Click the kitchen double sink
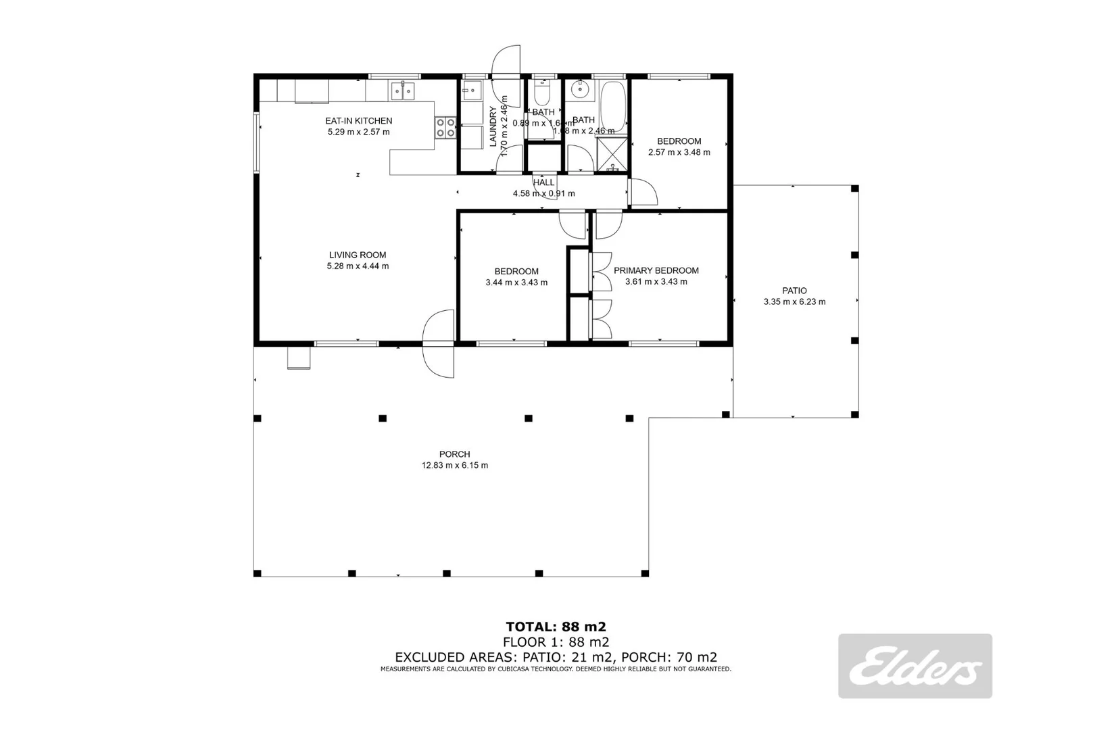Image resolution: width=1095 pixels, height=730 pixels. [x=404, y=90]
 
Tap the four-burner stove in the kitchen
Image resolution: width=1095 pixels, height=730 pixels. [x=445, y=128]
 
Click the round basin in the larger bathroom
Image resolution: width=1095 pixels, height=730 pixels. [x=579, y=89]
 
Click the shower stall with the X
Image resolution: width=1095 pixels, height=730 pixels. [x=612, y=152]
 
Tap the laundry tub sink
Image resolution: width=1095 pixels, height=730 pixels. [x=471, y=90]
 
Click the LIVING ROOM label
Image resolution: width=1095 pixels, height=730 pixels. [x=358, y=255]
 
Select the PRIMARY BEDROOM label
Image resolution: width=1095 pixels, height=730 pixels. [x=656, y=270]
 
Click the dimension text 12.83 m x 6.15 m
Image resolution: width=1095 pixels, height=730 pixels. [x=454, y=466]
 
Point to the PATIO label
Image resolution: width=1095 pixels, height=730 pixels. [x=794, y=291]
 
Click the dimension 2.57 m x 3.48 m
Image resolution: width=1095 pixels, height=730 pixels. [x=679, y=152]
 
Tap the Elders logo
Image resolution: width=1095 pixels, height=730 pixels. [x=915, y=666]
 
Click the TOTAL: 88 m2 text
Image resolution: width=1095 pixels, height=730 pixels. [x=551, y=627]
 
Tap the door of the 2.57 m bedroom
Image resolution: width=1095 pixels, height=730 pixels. [x=643, y=193]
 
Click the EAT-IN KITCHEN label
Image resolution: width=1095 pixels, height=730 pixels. [x=358, y=121]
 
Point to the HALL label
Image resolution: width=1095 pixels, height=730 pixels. [x=543, y=182]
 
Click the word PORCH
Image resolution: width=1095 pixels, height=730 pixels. [x=454, y=454]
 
